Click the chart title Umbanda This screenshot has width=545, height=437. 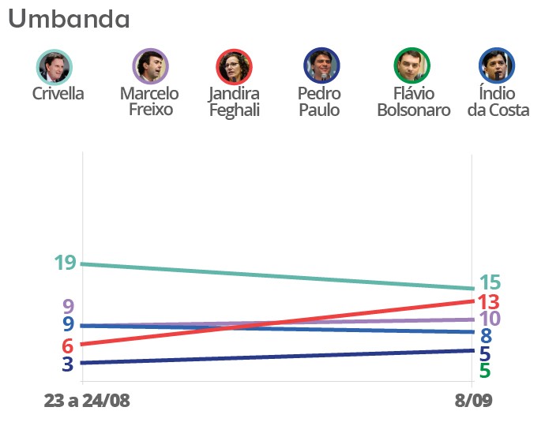click(70, 19)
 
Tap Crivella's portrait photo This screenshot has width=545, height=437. click(54, 66)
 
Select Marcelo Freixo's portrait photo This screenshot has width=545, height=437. click(149, 66)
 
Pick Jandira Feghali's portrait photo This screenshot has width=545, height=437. click(234, 66)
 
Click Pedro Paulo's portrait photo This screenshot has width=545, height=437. click(321, 66)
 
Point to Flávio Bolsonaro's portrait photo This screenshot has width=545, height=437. click(412, 66)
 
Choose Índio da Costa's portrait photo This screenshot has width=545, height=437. click(497, 66)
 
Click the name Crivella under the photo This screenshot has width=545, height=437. click(58, 94)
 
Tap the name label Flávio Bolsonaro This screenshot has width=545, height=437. click(413, 103)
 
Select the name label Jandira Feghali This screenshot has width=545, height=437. click(234, 103)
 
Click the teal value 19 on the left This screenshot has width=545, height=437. click(65, 263)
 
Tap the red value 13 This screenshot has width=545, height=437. click(489, 302)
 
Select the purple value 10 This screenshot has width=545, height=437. click(490, 319)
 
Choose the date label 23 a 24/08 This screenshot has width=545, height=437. click(87, 400)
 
